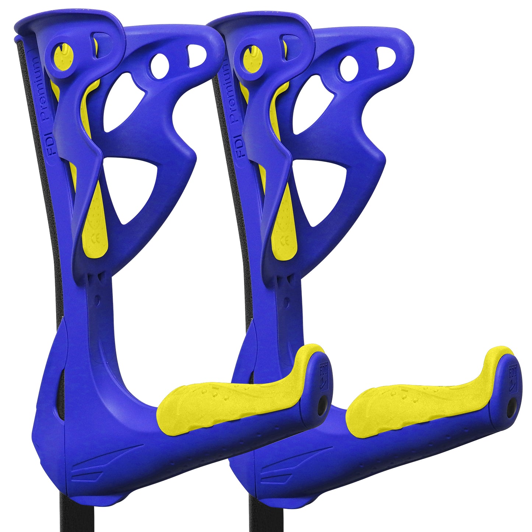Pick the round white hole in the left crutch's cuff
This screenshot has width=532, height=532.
[x=159, y=66]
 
